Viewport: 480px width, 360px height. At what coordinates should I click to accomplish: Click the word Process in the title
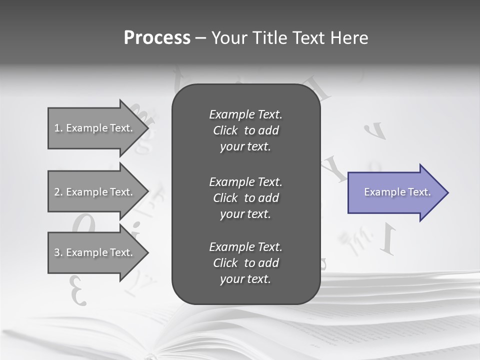(157, 38)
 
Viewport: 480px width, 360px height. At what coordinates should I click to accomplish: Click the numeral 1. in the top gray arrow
(58, 128)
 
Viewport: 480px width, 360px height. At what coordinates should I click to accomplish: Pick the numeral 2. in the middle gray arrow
(58, 192)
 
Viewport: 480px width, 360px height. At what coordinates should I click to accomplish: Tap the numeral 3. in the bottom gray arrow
(58, 252)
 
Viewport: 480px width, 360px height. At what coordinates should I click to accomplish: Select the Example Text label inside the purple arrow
(397, 192)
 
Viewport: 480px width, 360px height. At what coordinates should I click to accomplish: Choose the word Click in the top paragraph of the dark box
(225, 130)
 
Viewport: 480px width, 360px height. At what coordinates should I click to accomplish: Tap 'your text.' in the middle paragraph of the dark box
(245, 214)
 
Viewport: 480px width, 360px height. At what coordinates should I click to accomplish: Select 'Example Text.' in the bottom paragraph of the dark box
(245, 247)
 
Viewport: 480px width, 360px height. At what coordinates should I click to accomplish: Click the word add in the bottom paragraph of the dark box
(269, 263)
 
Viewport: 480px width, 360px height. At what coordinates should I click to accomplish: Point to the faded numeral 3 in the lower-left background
(78, 290)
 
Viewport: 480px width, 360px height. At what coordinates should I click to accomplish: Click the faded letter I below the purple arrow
(388, 238)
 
